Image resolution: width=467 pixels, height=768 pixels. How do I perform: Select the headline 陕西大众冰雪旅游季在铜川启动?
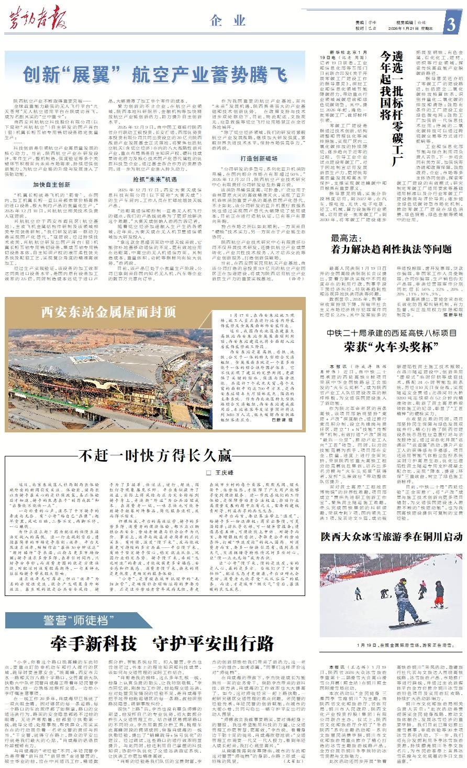[x=392, y=537]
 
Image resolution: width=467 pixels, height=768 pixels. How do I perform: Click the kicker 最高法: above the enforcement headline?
[x=345, y=238]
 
